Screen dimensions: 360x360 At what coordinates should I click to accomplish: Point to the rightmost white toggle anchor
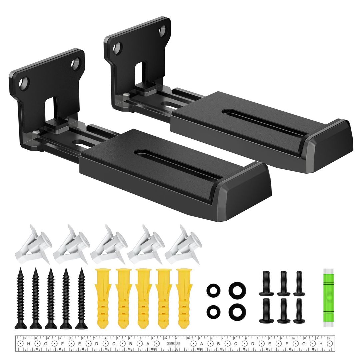point(184,245)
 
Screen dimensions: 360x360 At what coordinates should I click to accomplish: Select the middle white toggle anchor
point(108,245)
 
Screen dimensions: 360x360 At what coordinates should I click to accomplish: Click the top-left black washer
point(213,290)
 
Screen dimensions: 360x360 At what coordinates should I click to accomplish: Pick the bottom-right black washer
point(236,311)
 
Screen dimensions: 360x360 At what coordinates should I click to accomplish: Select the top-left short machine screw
point(266,284)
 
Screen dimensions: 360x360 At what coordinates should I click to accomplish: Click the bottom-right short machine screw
point(299,310)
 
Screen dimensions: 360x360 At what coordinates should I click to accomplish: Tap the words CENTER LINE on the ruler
point(171,344)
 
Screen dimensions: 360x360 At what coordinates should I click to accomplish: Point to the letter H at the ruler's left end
point(29,344)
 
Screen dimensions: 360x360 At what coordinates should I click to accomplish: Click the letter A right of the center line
point(201,344)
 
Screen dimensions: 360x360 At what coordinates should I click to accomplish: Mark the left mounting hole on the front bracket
point(24,82)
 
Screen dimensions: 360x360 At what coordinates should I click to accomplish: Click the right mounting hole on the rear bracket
point(162,31)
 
